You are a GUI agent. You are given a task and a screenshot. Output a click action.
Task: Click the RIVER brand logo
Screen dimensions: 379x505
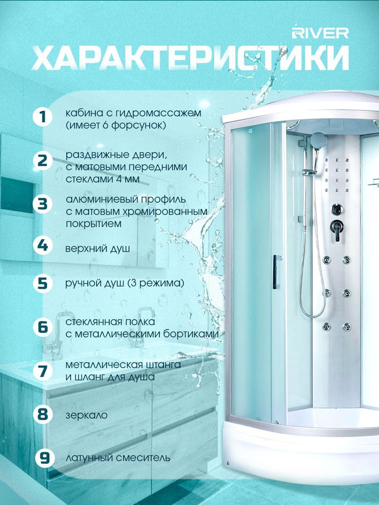coord(320,34)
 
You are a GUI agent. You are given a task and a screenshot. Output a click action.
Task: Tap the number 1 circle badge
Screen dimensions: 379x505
coord(43,117)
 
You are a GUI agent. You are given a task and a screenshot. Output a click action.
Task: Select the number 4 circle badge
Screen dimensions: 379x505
coord(43,246)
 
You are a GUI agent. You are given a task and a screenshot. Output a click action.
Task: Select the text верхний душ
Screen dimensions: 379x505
coord(97,249)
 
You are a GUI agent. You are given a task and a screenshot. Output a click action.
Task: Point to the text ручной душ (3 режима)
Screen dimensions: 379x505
coord(125,283)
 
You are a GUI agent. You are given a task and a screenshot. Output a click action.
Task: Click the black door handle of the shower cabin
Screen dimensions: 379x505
coord(276,272)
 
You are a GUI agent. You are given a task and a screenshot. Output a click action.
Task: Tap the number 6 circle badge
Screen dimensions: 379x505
coord(43,327)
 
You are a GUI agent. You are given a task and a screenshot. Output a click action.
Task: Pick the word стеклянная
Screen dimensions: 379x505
coord(93,322)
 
